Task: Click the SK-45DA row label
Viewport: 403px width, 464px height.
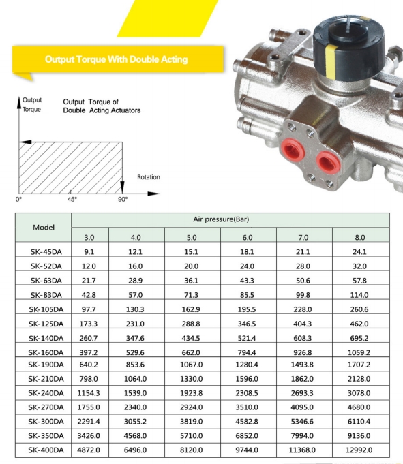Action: (46, 252)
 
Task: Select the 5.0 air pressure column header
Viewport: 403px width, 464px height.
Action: (192, 237)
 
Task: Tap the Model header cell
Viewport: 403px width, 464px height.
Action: (44, 228)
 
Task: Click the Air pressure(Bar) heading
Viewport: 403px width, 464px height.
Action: (221, 219)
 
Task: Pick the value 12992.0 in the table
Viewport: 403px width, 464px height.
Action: (359, 450)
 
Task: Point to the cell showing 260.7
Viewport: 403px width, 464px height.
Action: (88, 338)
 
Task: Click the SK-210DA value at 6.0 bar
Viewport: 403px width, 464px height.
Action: (247, 379)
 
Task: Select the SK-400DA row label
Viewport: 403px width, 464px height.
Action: (46, 450)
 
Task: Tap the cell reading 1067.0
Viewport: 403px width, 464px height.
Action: (192, 365)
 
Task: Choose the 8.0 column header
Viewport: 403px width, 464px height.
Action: (360, 237)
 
